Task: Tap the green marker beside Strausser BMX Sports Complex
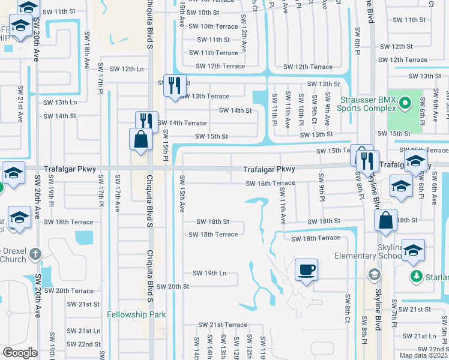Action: pyautogui.click(x=405, y=104)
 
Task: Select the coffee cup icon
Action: pyautogui.click(x=306, y=269)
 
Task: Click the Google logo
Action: pyautogui.click(x=20, y=353)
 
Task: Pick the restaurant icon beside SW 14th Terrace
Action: pyautogui.click(x=146, y=122)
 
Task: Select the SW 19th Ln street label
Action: pyautogui.click(x=209, y=273)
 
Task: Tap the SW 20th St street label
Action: pyautogui.click(x=170, y=287)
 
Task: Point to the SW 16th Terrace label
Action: pyautogui.click(x=270, y=183)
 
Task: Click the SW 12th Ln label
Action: pyautogui.click(x=124, y=69)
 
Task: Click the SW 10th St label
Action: pyautogui.click(x=203, y=12)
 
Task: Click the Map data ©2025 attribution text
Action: pyautogui.click(x=424, y=355)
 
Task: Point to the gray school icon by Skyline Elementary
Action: pyautogui.click(x=374, y=275)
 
